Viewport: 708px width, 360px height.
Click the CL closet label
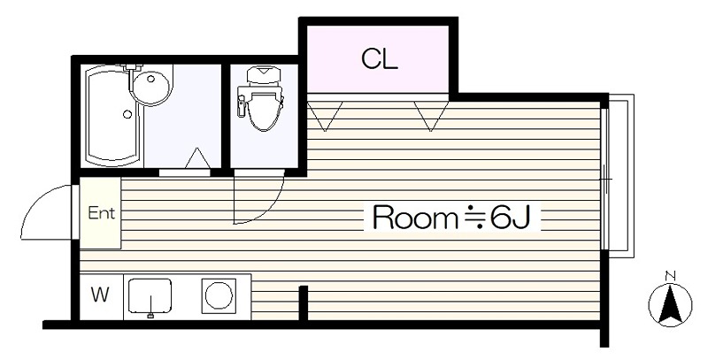tap(379, 59)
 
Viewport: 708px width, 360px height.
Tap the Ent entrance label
tap(100, 213)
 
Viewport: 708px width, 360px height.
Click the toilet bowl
tap(263, 111)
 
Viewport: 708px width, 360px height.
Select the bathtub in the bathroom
tap(113, 119)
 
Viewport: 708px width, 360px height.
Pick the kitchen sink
tap(150, 295)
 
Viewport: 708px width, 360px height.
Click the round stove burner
tap(218, 295)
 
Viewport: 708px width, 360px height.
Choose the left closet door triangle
tap(325, 114)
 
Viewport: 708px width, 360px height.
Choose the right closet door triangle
tap(431, 114)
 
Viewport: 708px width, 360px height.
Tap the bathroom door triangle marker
tap(197, 159)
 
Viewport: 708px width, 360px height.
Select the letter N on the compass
tap(670, 275)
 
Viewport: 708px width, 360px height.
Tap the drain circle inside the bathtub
tap(127, 114)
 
